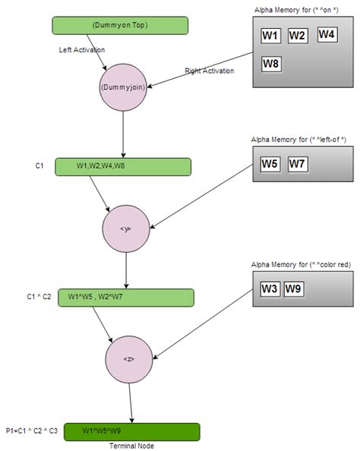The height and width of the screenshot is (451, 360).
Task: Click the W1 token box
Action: pos(270,36)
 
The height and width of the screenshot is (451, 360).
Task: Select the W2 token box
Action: pos(297,36)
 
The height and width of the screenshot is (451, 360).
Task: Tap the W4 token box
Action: pos(327,34)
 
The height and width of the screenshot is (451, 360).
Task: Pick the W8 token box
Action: pos(271,64)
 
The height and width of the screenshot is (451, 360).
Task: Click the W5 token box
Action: pos(270,163)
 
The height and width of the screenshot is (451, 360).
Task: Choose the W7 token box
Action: pos(297,163)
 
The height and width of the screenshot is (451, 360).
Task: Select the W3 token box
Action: pos(270,289)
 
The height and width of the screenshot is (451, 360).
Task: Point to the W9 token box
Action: pos(295,289)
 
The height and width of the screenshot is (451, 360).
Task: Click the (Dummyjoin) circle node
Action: pos(122,87)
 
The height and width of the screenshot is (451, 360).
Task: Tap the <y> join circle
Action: pos(126,228)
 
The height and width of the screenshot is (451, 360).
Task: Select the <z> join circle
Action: pos(130,358)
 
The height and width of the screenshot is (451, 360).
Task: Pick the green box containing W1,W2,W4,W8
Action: pos(122,166)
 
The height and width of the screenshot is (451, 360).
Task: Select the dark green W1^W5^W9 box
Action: pos(131,432)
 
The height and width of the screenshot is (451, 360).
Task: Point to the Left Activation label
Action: pos(81,50)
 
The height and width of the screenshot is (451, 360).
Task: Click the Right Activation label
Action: pos(210,71)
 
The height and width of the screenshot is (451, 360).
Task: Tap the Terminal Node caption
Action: pos(131,446)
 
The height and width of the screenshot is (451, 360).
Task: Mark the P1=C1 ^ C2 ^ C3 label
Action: pos(31,430)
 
